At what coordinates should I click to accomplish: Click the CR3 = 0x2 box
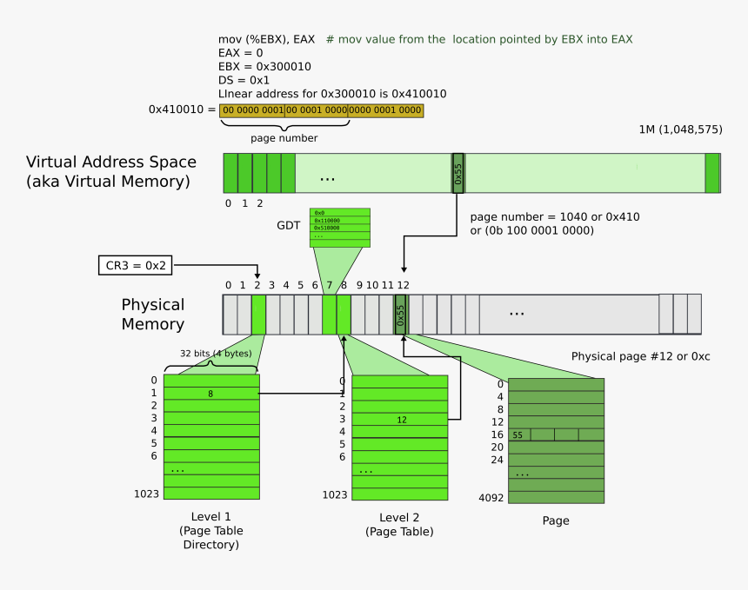coord(135,265)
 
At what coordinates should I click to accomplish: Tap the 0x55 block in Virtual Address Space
coord(457,173)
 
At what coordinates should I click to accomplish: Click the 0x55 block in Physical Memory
coord(401,314)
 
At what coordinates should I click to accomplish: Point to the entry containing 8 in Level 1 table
coord(211,394)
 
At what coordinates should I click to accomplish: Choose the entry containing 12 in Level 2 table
coord(401,420)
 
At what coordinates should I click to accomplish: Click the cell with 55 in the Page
coord(518,434)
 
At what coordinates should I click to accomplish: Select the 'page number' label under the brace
coord(284,138)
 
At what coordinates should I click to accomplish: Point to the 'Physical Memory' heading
coord(153,315)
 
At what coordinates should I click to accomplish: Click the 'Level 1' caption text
coord(210,516)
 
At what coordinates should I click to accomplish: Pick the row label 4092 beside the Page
coord(491,498)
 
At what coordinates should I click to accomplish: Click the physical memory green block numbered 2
coord(258,314)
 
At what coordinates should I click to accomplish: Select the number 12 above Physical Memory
coord(403,285)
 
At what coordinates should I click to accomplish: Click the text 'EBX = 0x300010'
coord(264,66)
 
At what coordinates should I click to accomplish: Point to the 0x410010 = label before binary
coord(182,109)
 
